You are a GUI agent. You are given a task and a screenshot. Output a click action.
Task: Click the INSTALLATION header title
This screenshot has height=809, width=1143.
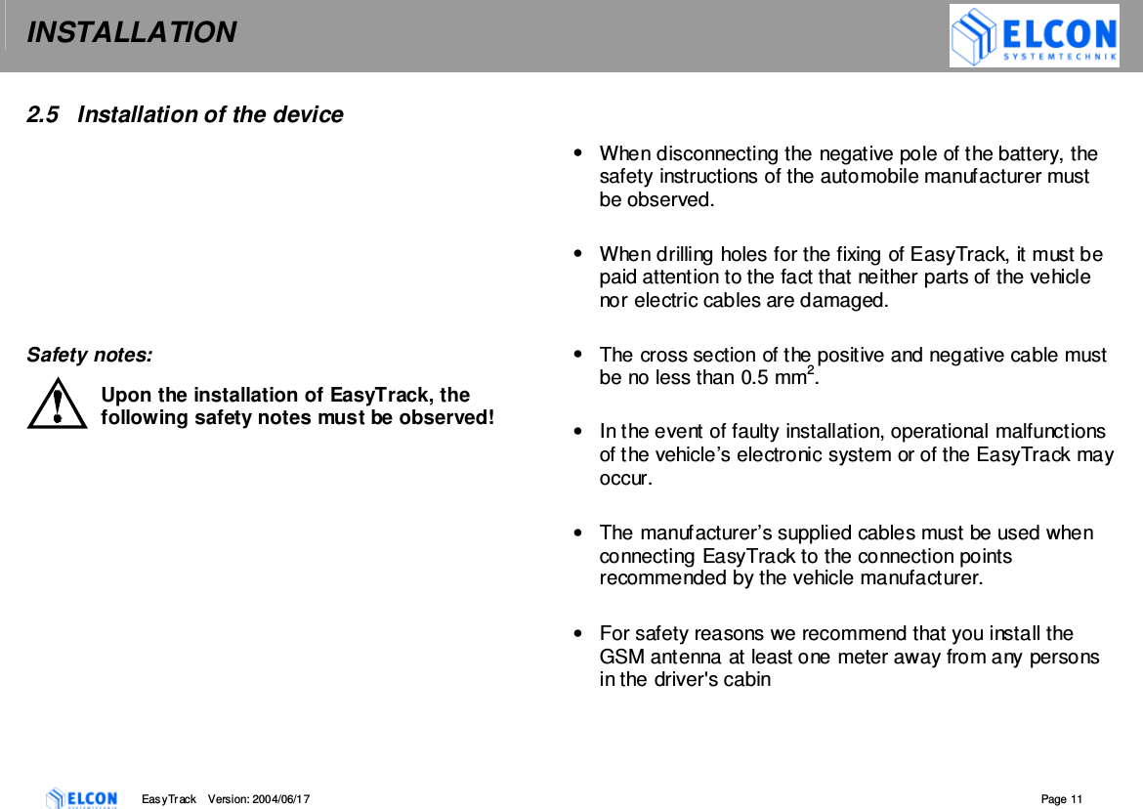131,33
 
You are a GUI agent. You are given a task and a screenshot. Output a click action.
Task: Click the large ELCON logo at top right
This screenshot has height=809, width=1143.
1034,37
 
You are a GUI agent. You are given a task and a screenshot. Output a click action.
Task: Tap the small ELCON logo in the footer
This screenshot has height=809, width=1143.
82,798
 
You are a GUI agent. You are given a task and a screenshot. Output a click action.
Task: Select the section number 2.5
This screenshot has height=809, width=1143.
40,115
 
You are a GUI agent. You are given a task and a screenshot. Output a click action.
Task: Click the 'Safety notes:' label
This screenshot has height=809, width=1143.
89,355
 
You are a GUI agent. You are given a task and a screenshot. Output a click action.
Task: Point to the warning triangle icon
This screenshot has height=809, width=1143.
58,404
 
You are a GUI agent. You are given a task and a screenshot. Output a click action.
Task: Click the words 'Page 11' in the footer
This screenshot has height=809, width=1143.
1062,799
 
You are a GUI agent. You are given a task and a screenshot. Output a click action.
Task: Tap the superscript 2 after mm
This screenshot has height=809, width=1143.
809,370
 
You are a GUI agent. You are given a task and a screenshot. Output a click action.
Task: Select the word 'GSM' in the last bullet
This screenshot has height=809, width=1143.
619,657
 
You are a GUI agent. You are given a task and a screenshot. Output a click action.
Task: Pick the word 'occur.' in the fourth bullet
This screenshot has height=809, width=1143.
625,479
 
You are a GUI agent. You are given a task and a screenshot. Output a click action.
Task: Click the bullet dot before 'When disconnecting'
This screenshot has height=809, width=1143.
580,152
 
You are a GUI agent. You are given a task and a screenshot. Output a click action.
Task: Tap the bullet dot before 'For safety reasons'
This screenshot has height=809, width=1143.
580,633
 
